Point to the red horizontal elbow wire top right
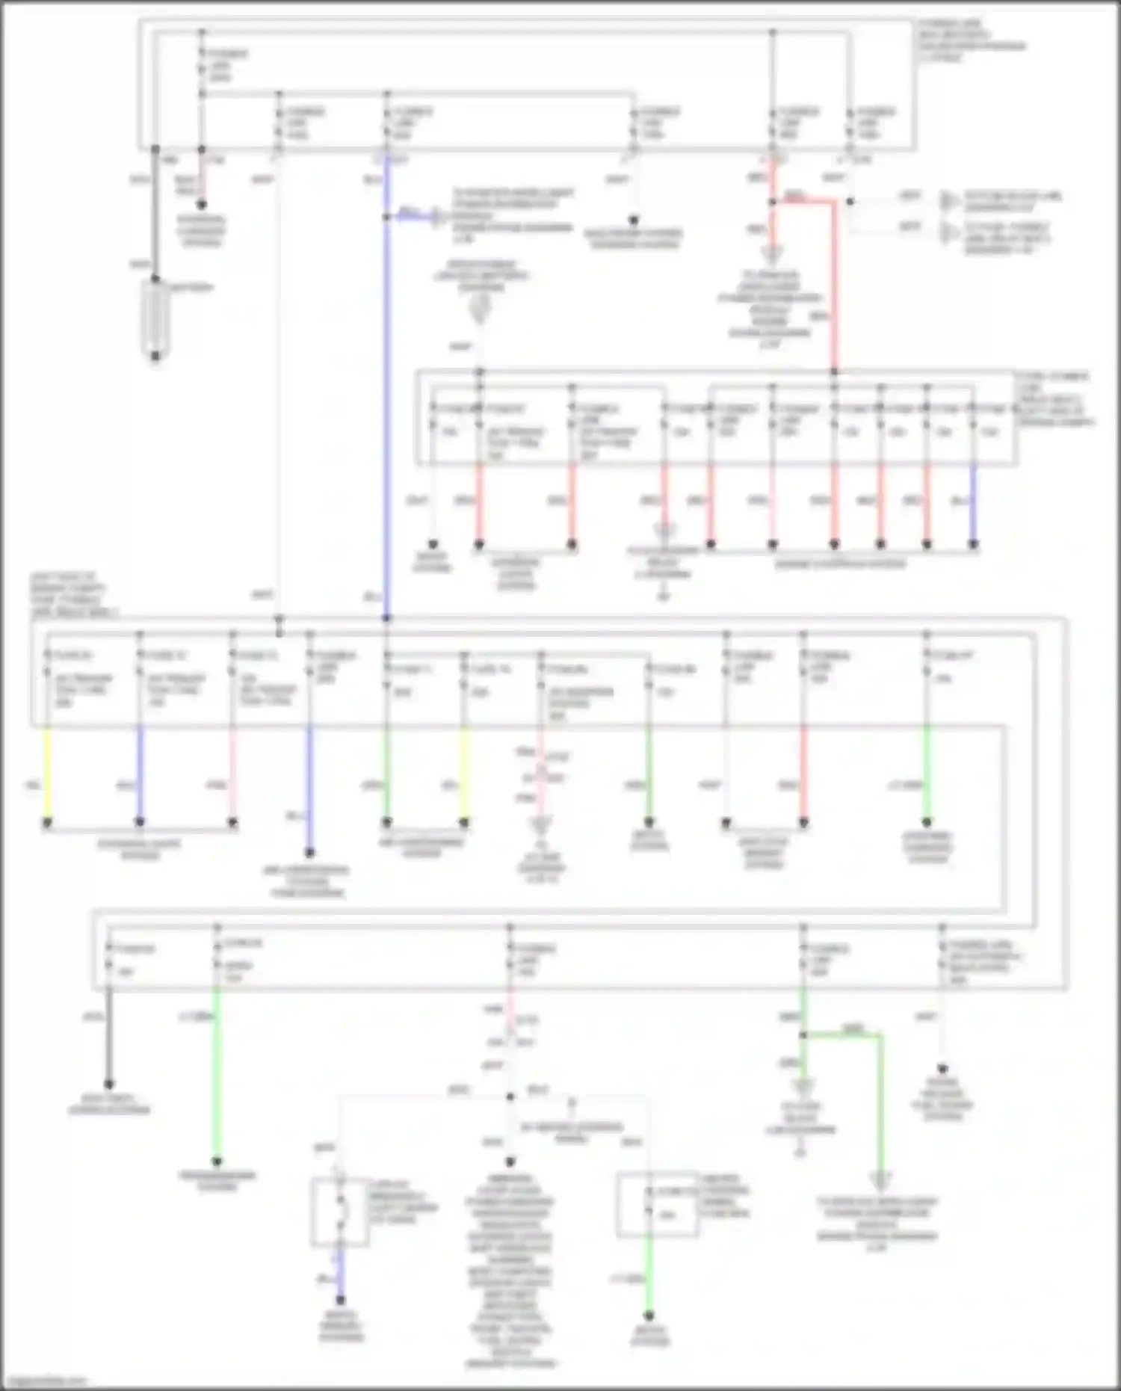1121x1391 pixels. click(x=807, y=200)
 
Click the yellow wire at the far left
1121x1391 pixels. click(x=47, y=774)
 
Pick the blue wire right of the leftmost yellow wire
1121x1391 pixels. click(x=140, y=774)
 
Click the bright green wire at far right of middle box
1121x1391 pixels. click(x=927, y=774)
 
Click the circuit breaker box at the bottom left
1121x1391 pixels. click(x=341, y=1212)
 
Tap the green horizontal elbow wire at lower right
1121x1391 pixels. click(x=844, y=1035)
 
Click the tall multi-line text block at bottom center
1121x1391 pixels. click(x=510, y=1271)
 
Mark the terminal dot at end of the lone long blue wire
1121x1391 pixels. click(x=309, y=852)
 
